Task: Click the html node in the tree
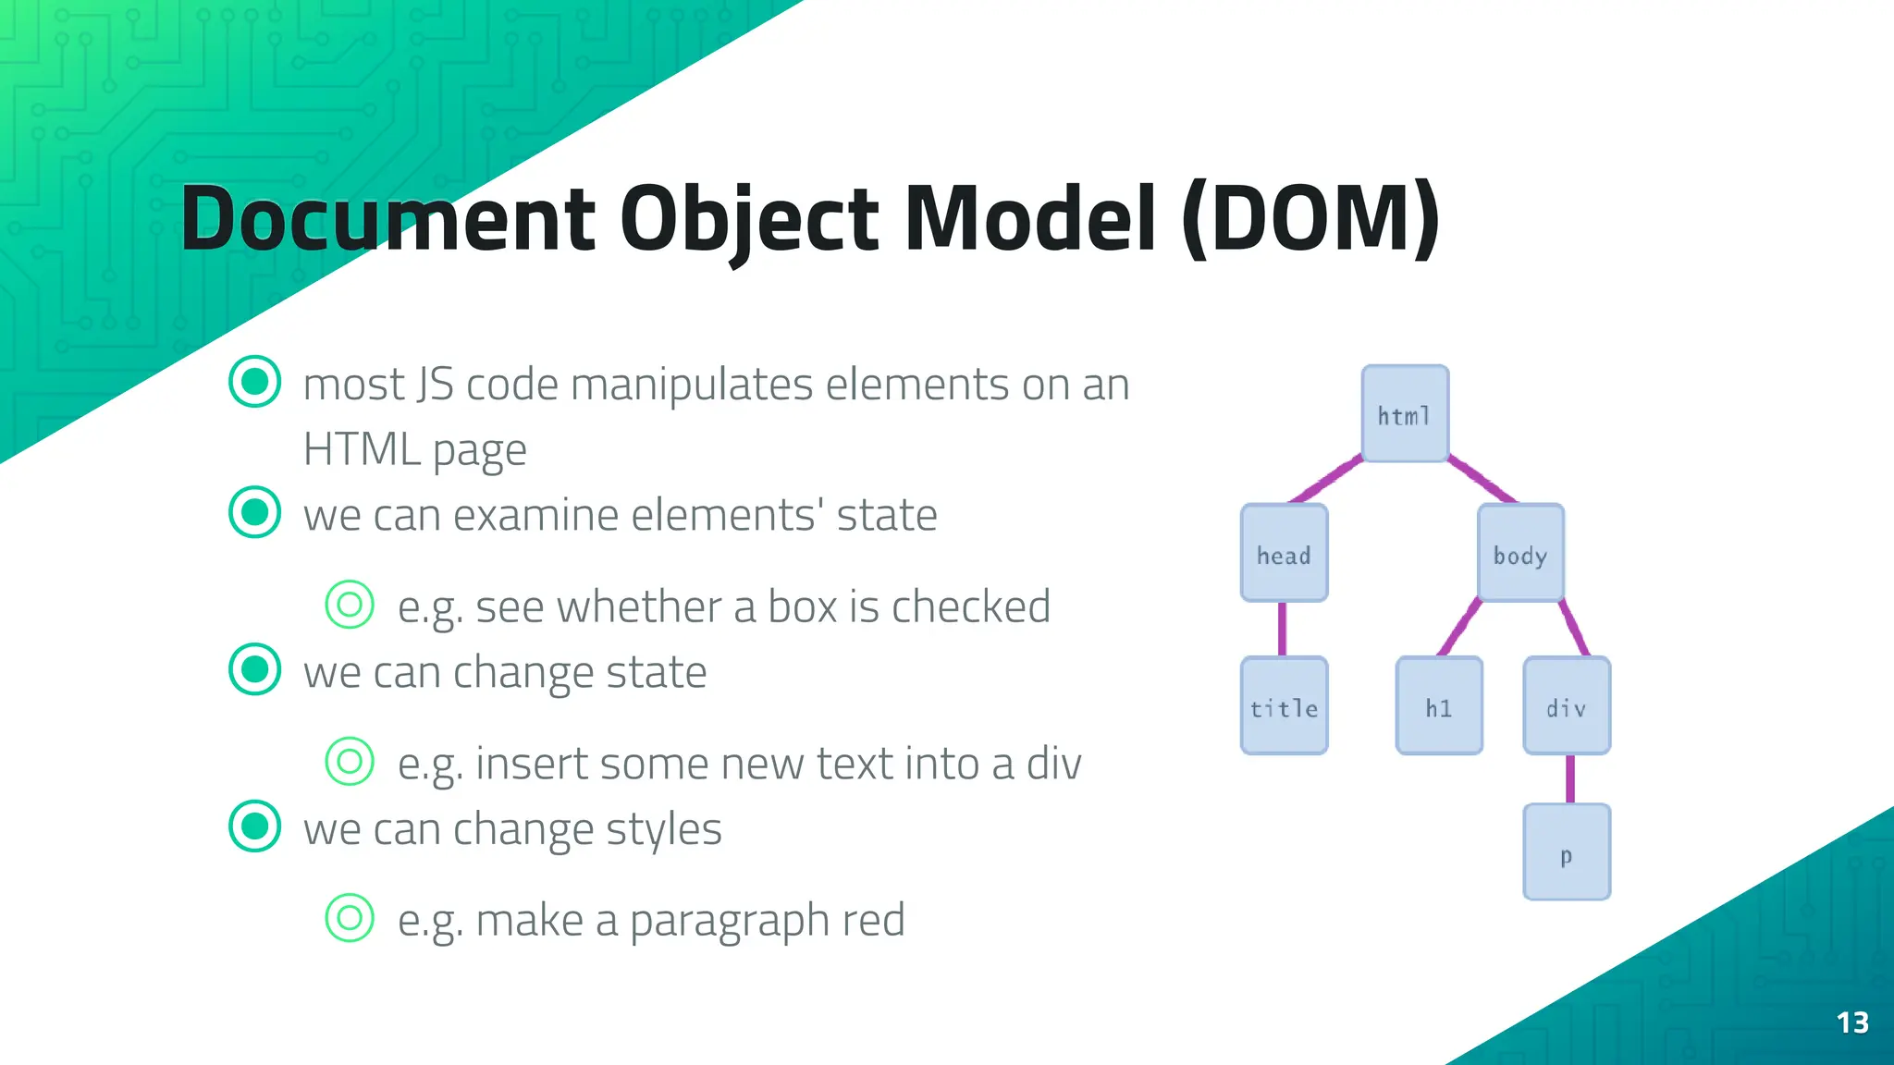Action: point(1405,413)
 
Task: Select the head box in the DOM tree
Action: point(1284,553)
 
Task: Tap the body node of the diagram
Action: point(1520,553)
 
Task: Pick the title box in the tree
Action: point(1284,705)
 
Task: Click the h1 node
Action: point(1439,705)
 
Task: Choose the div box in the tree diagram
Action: point(1567,705)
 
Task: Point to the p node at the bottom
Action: point(1567,851)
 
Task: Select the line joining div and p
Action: point(1569,778)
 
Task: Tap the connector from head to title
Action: point(1282,629)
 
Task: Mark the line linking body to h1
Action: point(1460,628)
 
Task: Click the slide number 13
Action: point(1852,1022)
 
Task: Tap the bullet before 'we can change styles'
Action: point(254,826)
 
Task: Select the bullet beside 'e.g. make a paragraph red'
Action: point(350,917)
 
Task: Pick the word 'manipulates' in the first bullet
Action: point(692,385)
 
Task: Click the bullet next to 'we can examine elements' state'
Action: point(254,512)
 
